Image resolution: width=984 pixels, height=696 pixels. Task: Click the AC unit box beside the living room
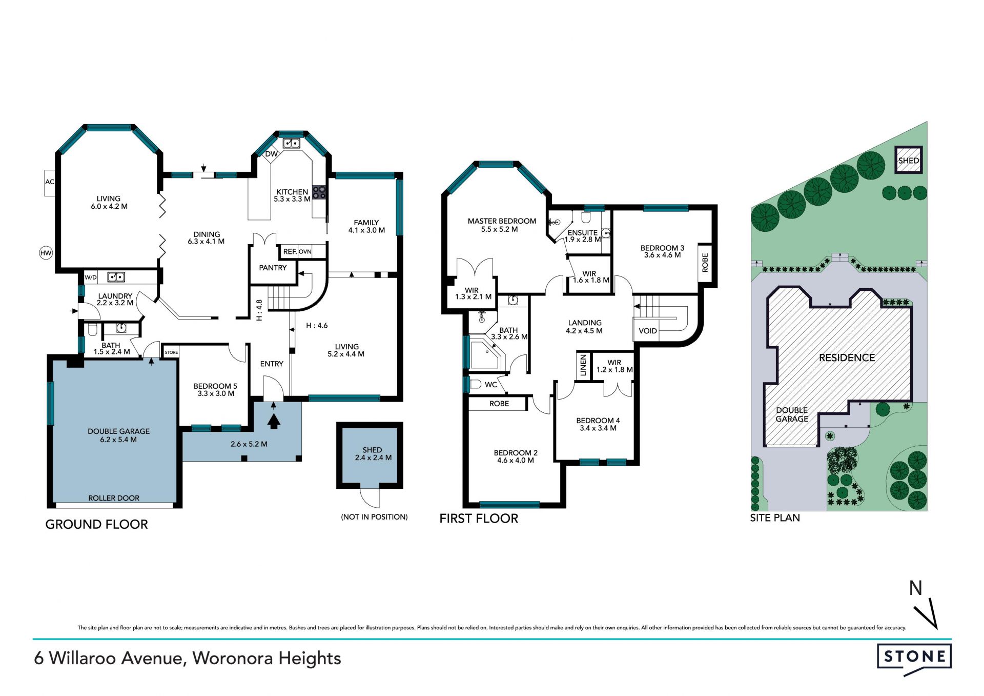click(50, 183)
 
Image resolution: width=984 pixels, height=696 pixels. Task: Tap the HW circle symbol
click(46, 253)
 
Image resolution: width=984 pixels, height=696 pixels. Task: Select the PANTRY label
click(273, 268)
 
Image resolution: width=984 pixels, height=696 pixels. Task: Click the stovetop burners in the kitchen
click(319, 192)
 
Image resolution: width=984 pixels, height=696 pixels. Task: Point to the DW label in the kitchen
click(271, 154)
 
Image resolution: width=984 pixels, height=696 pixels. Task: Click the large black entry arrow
click(274, 421)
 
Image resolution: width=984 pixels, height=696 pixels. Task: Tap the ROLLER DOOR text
click(114, 498)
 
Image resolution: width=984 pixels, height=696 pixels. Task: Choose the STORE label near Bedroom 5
click(171, 352)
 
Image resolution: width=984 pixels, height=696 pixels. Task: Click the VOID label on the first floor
click(648, 331)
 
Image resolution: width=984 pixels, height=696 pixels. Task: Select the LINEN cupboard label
click(583, 365)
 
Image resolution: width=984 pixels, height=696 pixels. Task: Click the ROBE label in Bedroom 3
click(705, 262)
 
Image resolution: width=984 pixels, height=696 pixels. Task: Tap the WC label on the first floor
click(491, 385)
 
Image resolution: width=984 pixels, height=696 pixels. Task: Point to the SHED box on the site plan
click(909, 161)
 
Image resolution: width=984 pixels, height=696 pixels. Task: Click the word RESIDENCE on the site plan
click(847, 358)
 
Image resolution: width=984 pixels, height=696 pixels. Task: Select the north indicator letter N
click(915, 588)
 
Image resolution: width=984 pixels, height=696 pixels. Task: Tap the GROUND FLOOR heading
click(97, 524)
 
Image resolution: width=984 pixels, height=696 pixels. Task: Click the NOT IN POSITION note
click(374, 517)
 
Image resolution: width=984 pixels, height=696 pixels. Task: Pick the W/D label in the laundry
click(90, 277)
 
